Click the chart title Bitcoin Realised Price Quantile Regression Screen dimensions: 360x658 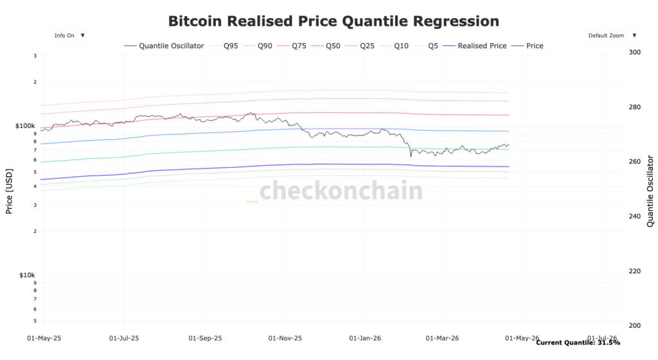(333, 21)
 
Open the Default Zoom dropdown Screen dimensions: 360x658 (610, 36)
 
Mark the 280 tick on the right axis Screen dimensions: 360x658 (635, 107)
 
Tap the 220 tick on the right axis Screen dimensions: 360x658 (635, 271)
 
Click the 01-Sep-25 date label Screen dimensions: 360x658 (205, 337)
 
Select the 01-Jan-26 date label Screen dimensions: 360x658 (364, 337)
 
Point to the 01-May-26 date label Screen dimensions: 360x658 (522, 337)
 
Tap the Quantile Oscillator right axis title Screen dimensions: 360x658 (650, 191)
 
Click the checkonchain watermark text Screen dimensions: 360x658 (341, 191)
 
